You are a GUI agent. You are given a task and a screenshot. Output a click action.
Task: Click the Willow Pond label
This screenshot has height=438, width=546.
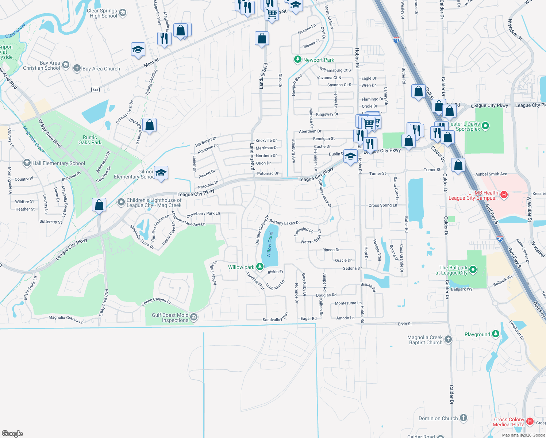pos(270,245)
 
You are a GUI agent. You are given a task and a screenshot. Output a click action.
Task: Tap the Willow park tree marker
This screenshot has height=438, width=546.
pos(259,267)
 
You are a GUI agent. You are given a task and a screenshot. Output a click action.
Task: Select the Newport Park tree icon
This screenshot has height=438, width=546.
pos(298,59)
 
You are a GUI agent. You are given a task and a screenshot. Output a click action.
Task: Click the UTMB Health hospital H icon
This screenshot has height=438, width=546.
pos(504,195)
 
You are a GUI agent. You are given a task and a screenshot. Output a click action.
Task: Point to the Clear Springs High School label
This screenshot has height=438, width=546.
pos(103,14)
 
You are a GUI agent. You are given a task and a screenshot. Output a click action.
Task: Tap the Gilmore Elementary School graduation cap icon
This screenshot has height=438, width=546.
pos(161,173)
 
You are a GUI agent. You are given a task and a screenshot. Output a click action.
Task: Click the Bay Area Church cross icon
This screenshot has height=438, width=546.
pos(77,68)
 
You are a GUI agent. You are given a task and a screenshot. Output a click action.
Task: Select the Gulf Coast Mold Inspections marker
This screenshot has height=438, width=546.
pos(194,317)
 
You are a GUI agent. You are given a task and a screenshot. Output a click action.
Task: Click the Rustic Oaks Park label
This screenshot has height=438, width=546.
pos(90,140)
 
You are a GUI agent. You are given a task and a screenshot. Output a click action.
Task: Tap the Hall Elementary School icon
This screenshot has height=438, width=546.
pos(27,163)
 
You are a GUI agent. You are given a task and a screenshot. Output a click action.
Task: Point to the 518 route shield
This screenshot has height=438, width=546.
pos(95,89)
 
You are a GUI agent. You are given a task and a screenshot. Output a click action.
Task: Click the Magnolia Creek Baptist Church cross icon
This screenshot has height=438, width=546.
pos(448,339)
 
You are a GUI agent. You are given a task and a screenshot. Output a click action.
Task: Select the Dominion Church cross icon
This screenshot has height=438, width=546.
pos(464,418)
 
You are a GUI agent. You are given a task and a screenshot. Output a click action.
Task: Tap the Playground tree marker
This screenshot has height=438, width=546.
pos(495,334)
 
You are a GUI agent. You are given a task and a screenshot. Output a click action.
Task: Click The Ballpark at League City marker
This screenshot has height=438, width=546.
pos(473,270)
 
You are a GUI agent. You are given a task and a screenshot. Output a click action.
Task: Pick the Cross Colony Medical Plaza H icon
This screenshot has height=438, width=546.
pos(530,422)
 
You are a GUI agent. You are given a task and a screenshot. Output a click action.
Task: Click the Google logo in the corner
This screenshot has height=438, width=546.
pos(12,433)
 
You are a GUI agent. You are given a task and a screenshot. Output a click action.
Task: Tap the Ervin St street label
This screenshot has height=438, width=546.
pos(405,324)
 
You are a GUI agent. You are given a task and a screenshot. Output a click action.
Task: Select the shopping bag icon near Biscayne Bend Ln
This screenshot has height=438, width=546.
pos(150,125)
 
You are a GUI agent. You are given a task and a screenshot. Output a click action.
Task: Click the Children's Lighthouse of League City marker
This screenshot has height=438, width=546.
pos(121,202)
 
